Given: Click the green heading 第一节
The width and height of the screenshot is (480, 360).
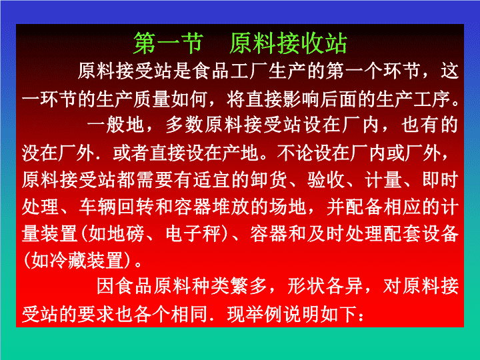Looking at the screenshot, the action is click(x=169, y=43).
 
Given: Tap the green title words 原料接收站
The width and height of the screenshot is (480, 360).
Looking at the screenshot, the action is click(x=288, y=43).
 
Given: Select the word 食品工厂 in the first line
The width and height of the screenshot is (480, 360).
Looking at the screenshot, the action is click(x=230, y=71).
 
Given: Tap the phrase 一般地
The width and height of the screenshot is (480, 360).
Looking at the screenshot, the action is click(x=115, y=125).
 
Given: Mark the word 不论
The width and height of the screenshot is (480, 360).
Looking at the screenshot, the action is click(x=296, y=152).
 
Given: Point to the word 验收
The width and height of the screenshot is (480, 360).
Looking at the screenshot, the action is click(x=326, y=179).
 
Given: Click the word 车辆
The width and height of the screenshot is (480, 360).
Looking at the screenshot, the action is click(x=97, y=207).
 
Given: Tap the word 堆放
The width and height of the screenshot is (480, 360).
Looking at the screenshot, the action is click(x=231, y=207).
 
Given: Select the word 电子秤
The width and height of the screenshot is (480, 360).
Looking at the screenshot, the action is click(x=193, y=234).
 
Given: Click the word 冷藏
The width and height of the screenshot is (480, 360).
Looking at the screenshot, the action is click(x=68, y=261).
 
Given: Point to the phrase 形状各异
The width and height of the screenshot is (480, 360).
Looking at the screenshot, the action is click(x=325, y=286).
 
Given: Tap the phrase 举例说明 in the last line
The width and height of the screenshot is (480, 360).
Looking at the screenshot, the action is click(x=283, y=314).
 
